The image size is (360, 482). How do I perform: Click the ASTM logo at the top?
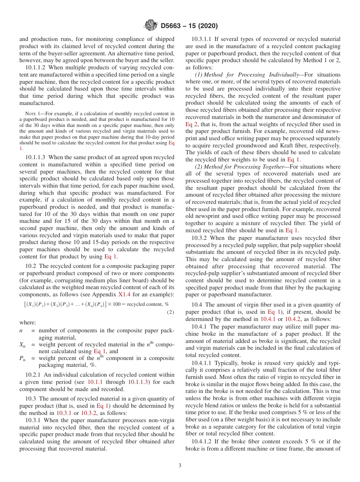click(151, 26)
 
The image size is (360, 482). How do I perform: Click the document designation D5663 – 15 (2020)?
click(189, 26)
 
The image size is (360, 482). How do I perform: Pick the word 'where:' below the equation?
click(28, 322)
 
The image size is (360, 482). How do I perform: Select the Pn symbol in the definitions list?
click(22, 358)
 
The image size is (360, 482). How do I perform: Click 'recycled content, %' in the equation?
click(148, 304)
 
